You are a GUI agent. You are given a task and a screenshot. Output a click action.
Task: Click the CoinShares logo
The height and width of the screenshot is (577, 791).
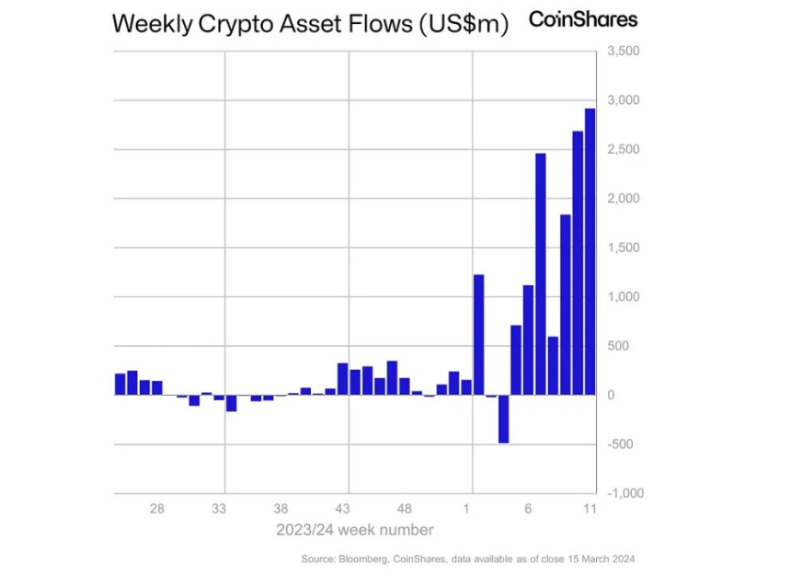tap(582, 19)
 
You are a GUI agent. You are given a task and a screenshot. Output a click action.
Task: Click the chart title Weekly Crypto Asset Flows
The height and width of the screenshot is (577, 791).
tap(310, 25)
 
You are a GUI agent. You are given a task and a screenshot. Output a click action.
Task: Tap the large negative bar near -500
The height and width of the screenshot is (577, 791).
tap(503, 419)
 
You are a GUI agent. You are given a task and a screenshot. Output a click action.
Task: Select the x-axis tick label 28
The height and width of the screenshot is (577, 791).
tap(157, 508)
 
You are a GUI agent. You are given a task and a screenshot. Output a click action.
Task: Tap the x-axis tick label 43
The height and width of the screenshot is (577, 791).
tap(342, 508)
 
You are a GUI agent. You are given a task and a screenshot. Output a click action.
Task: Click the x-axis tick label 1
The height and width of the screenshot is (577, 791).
tap(467, 508)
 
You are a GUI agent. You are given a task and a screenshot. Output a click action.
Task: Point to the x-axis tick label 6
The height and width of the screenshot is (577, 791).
tap(528, 508)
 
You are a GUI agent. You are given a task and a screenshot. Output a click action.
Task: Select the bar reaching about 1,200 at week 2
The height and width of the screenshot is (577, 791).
tap(478, 335)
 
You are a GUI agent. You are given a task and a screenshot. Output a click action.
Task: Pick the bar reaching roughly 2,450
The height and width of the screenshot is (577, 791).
tap(541, 274)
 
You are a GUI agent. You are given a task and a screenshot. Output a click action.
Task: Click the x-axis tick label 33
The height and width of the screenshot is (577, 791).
tap(219, 508)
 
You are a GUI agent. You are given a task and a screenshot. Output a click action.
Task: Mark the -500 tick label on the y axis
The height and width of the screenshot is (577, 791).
tap(621, 444)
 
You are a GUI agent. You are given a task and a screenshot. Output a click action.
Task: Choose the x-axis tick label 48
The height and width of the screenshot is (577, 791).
tap(404, 508)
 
